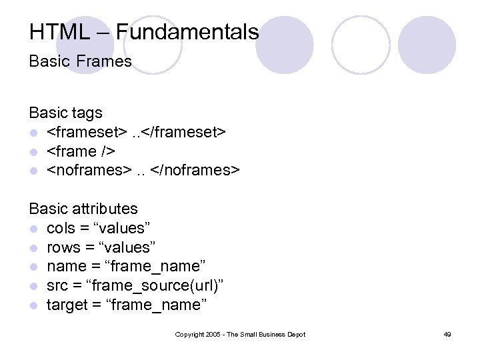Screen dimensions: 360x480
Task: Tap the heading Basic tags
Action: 65,113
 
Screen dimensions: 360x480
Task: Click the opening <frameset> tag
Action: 85,132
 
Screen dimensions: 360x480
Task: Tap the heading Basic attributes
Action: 83,209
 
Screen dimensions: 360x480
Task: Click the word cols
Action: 61,228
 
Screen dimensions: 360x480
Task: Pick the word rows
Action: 63,247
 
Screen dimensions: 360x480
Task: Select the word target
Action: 67,305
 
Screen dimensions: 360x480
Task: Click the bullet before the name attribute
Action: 33,267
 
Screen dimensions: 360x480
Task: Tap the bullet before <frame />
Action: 33,152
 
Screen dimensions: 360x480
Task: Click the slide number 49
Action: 447,334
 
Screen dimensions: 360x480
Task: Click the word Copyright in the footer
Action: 189,334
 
